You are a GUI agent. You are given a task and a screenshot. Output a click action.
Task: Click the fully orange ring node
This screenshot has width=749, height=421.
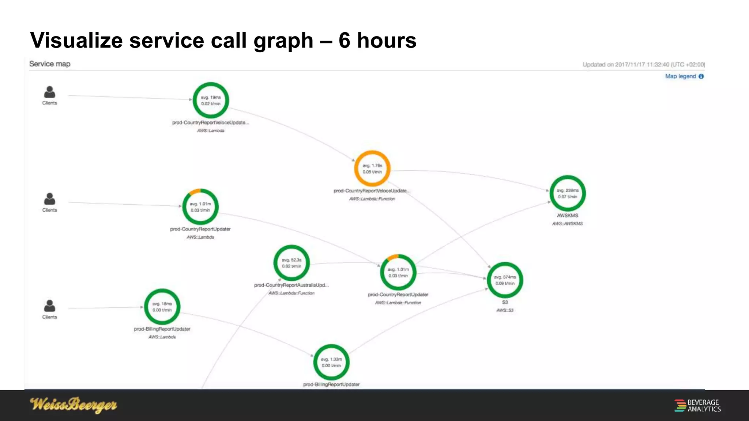372,168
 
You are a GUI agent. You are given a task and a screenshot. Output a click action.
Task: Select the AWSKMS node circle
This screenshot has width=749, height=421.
567,193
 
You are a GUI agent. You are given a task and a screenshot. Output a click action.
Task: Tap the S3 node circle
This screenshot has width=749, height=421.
505,280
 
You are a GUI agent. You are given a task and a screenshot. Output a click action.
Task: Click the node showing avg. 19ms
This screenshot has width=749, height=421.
211,100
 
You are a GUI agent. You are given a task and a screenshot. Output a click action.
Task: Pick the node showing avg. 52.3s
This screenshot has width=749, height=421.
291,263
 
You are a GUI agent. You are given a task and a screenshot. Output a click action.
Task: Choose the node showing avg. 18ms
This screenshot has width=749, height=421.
162,307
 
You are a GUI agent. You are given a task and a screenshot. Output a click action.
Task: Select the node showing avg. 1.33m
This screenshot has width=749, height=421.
331,362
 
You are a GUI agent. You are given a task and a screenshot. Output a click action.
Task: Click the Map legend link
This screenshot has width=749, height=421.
680,76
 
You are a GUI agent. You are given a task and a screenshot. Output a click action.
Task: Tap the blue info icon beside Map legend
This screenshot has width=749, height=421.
701,76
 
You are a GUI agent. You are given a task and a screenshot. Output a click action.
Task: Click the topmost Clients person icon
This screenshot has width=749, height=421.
49,92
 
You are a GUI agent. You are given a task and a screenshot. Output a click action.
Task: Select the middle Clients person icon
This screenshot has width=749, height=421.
49,199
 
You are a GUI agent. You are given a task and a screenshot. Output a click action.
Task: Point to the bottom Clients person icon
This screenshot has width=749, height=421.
49,306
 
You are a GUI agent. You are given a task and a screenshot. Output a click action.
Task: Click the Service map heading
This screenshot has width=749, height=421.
50,64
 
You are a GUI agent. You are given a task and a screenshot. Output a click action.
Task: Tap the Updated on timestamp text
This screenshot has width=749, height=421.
643,65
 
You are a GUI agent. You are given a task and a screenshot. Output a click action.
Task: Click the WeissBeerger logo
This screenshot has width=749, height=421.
74,405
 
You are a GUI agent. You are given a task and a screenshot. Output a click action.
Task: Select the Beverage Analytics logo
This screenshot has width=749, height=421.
697,406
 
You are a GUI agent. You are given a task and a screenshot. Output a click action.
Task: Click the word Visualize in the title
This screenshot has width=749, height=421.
76,40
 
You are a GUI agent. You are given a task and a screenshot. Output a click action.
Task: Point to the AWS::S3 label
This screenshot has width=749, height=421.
505,310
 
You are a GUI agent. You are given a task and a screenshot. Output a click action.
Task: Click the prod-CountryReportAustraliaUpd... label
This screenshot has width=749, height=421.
291,285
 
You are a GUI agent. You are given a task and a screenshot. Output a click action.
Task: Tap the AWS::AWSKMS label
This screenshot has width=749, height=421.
567,224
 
